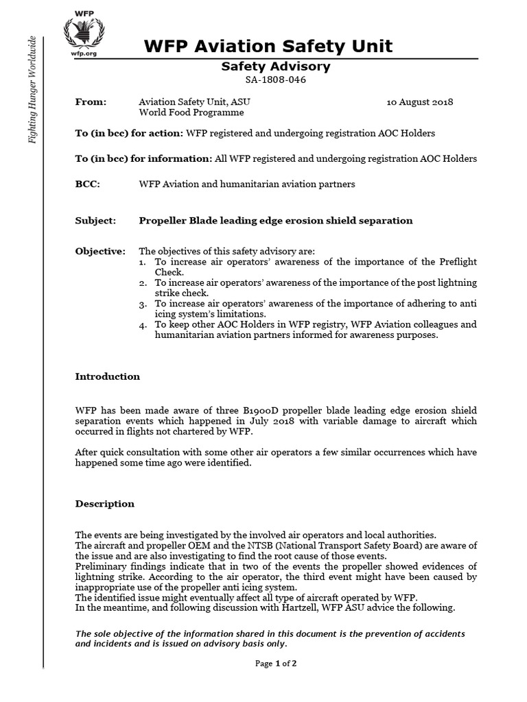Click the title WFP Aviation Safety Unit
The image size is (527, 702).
[x=268, y=47]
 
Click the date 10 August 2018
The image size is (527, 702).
[x=419, y=102]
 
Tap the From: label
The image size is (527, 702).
[x=91, y=102]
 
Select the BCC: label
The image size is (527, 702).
[x=87, y=184]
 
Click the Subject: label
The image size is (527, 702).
[x=95, y=221]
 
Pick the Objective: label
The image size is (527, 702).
[x=100, y=252]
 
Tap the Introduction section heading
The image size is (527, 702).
[x=107, y=376]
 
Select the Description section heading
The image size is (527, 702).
[x=104, y=504]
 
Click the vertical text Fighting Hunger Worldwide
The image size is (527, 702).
[x=32, y=89]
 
